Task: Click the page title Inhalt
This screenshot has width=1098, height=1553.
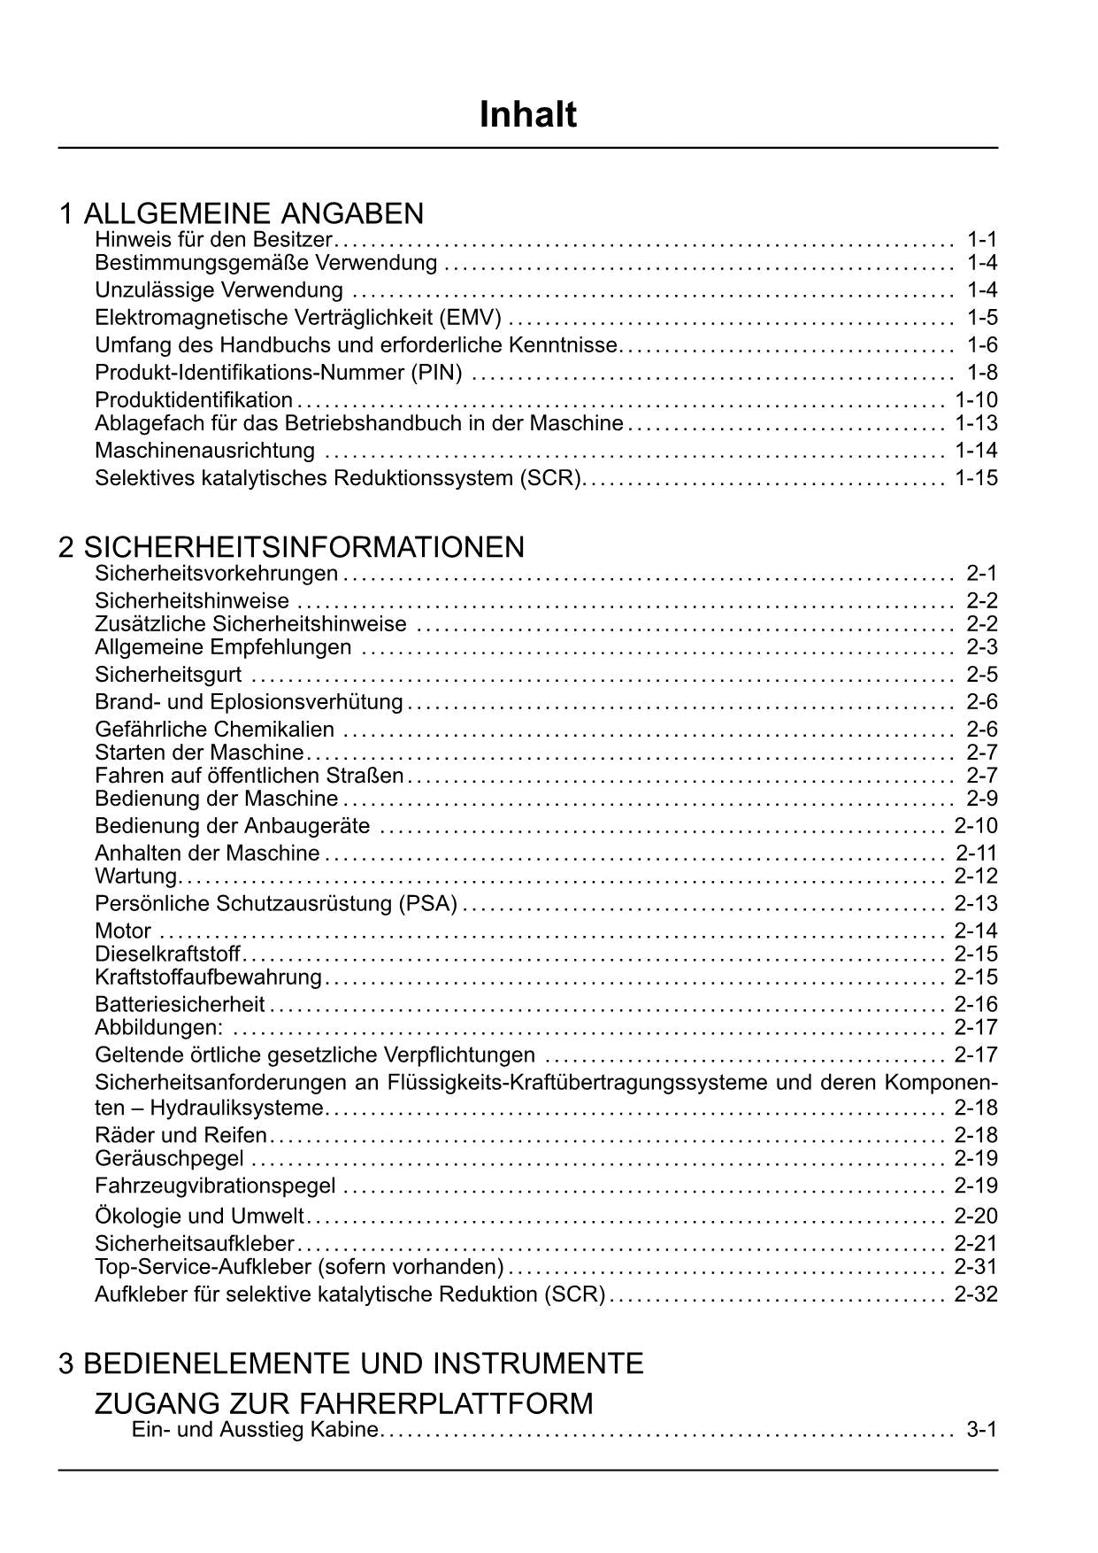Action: tap(527, 115)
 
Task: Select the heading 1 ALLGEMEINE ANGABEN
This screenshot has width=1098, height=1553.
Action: tap(242, 213)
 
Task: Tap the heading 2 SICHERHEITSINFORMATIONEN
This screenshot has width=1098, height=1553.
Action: tap(291, 547)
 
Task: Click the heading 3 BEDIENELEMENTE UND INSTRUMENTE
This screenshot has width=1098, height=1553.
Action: tap(350, 1363)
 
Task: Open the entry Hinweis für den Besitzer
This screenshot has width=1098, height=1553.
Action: tap(213, 239)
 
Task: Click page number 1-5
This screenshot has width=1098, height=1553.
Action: tap(982, 317)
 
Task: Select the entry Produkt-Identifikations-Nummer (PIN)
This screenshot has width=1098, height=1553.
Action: tap(279, 373)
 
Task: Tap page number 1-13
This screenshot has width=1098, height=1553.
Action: tap(976, 423)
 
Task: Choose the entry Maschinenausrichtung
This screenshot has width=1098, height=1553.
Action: tap(204, 451)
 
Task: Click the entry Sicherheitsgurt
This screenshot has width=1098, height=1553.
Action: tap(168, 675)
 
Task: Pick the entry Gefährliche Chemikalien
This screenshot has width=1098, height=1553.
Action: tap(215, 730)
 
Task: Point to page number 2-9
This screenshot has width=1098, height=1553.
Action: tap(982, 799)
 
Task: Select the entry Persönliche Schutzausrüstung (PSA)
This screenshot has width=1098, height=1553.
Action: tap(276, 904)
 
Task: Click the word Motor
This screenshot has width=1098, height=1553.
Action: tap(123, 931)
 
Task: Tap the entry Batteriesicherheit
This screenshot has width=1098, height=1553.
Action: tap(180, 1004)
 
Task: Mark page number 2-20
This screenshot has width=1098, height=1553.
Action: tap(976, 1216)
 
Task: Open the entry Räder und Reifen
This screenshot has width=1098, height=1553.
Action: tap(180, 1135)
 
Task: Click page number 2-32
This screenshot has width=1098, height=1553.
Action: tap(976, 1294)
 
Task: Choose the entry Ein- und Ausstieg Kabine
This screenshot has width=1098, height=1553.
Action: tap(255, 1430)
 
